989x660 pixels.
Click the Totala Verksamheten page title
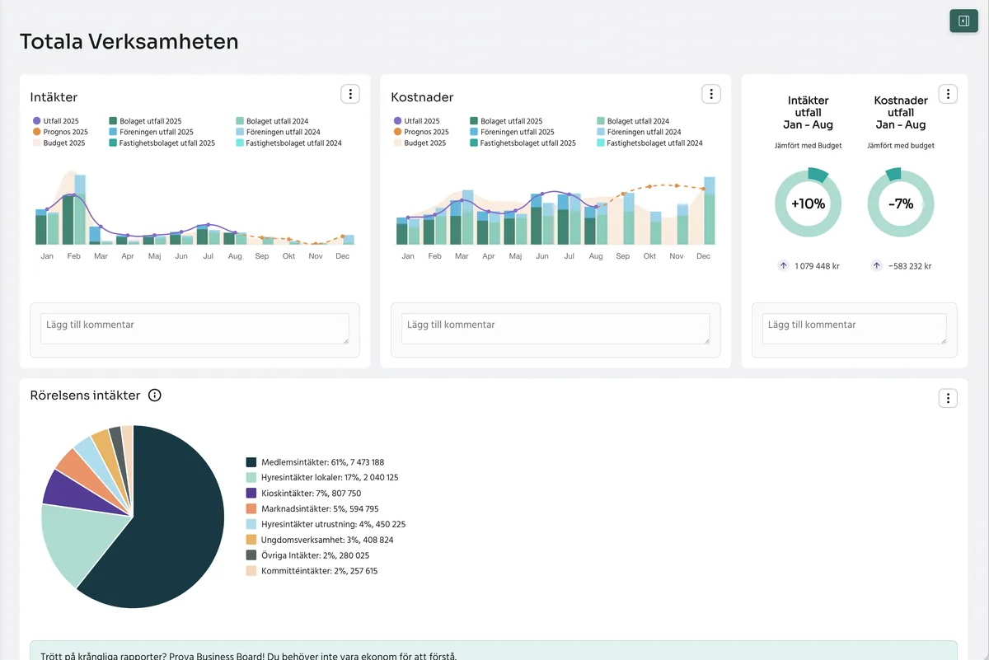[129, 42]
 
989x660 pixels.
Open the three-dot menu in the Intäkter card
[350, 94]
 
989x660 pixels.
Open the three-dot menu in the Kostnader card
[710, 94]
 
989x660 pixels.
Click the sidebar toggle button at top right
[963, 21]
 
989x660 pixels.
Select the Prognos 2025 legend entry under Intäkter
[60, 132]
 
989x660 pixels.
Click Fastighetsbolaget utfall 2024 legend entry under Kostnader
[649, 143]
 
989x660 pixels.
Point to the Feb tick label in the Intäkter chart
[73, 256]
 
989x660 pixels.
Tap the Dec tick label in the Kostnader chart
[703, 256]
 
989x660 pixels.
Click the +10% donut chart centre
[808, 204]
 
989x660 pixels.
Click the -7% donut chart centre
[901, 204]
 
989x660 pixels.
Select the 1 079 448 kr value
[817, 266]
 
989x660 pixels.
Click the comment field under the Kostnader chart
[555, 329]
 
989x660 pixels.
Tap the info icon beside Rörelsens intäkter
[155, 396]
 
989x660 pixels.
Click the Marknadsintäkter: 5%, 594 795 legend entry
[312, 508]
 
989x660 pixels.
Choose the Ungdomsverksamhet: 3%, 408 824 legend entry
[320, 540]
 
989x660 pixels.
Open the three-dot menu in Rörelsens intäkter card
[948, 398]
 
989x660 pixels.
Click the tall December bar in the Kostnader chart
[709, 211]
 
